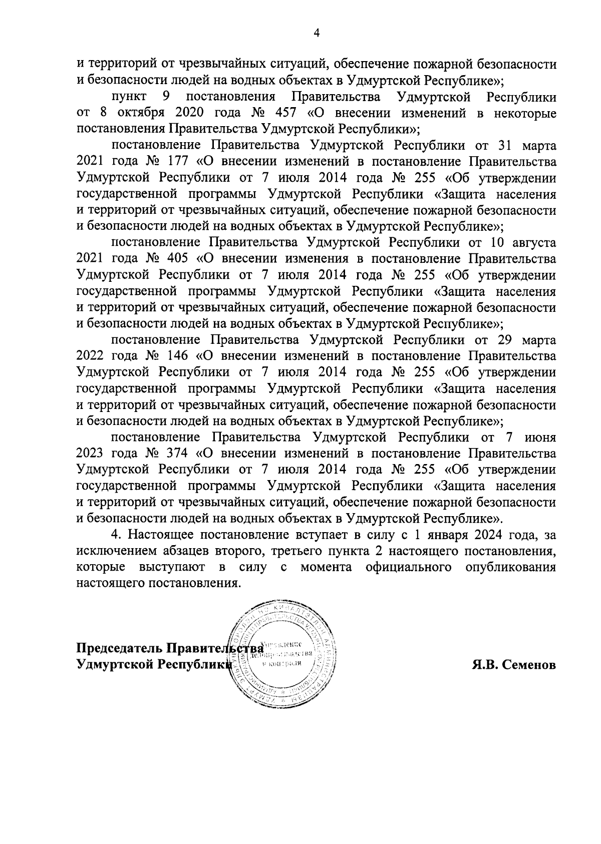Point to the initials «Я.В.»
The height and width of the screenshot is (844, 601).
(484, 665)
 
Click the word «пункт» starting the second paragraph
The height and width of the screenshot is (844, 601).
(128, 97)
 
